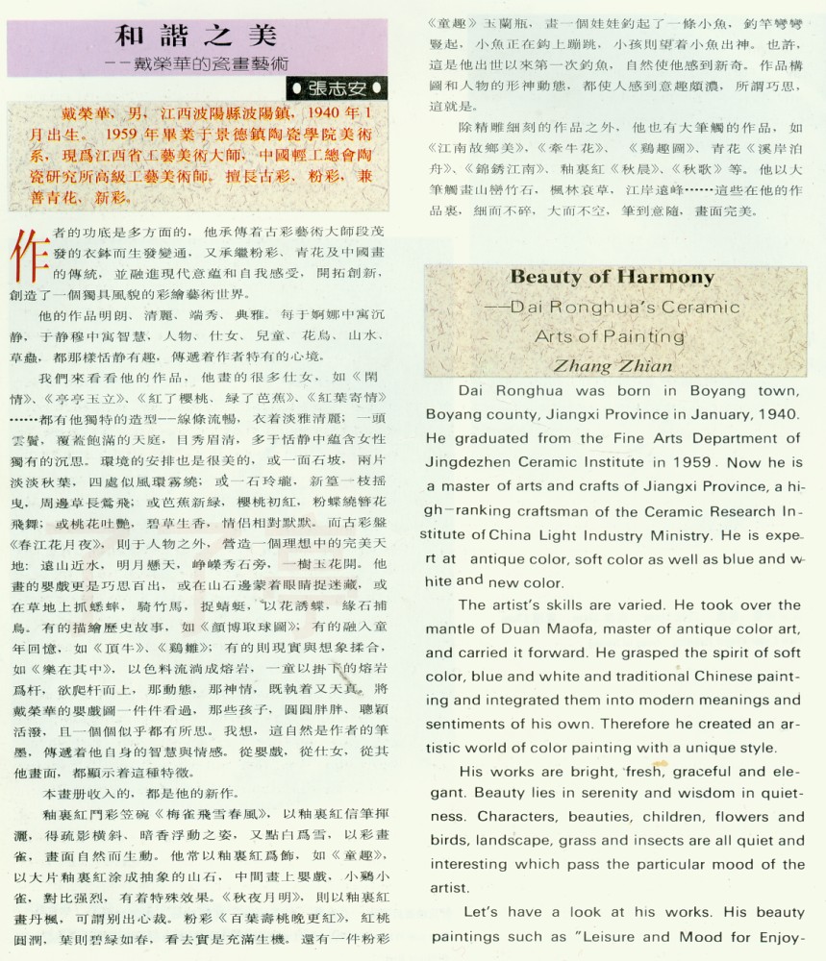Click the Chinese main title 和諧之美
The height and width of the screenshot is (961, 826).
[196, 36]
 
